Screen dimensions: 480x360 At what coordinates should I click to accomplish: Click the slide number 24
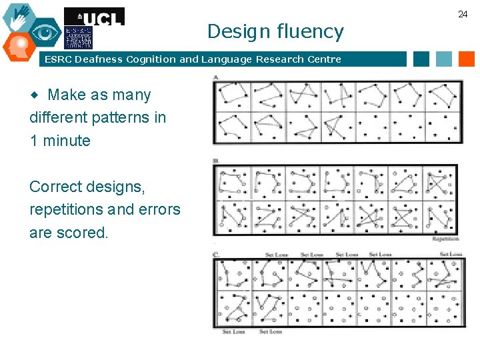463,14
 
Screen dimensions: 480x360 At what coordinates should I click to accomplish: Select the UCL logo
94,17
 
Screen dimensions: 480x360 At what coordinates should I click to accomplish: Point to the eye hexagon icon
45,32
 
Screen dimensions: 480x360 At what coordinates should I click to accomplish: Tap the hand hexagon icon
19,16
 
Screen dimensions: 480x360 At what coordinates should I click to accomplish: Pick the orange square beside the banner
466,59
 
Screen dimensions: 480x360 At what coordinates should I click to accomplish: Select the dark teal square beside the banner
421,59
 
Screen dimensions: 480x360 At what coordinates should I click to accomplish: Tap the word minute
66,141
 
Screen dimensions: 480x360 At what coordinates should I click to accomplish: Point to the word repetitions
67,209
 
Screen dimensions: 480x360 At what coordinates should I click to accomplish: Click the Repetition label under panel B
446,239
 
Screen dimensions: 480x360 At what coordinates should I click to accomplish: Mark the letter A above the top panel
217,78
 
